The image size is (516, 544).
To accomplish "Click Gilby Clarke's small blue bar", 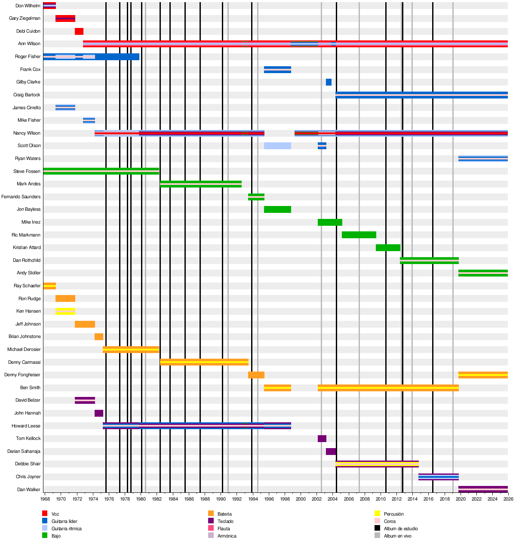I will coord(329,82).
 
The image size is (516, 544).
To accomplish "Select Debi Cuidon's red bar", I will coord(79,31).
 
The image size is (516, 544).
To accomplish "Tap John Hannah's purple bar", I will coord(99,413).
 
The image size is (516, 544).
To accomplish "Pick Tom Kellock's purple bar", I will coord(322,439).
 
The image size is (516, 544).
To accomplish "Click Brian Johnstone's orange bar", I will coord(99,337).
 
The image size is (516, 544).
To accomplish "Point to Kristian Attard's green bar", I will coord(388,248).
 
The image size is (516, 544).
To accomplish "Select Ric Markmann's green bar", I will coord(359,235).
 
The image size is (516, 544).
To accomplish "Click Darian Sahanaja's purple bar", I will coord(331,452).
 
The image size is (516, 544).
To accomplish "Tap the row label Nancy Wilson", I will coord(27,133).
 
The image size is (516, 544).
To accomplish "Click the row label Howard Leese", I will coord(26,426).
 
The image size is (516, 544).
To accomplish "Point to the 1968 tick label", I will coord(45,499).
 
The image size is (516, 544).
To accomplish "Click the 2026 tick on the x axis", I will coord(508,499).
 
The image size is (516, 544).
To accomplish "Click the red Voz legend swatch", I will coord(45,513).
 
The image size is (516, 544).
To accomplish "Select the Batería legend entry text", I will coord(224,514).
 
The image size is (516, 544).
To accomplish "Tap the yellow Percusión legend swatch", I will coord(378,513).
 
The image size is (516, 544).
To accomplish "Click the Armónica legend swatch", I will coord(211,535).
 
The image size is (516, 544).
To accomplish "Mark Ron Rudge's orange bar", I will coord(65,299).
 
